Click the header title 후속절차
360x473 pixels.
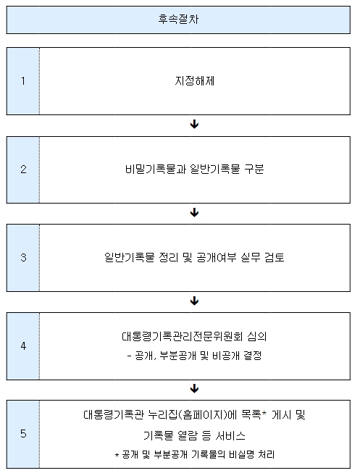[178, 20]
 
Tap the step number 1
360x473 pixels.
[23, 81]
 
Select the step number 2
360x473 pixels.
[23, 169]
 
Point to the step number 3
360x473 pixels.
[23, 257]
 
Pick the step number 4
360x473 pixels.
[23, 346]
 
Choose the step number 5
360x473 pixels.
[23, 433]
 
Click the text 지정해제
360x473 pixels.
[195, 81]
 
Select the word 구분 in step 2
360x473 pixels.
[254, 169]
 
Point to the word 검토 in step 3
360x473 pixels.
[275, 257]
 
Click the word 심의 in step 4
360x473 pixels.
[257, 336]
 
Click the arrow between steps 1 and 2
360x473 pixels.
[195, 125]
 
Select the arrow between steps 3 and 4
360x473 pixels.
[195, 301]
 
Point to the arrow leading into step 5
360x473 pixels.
[195, 388]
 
